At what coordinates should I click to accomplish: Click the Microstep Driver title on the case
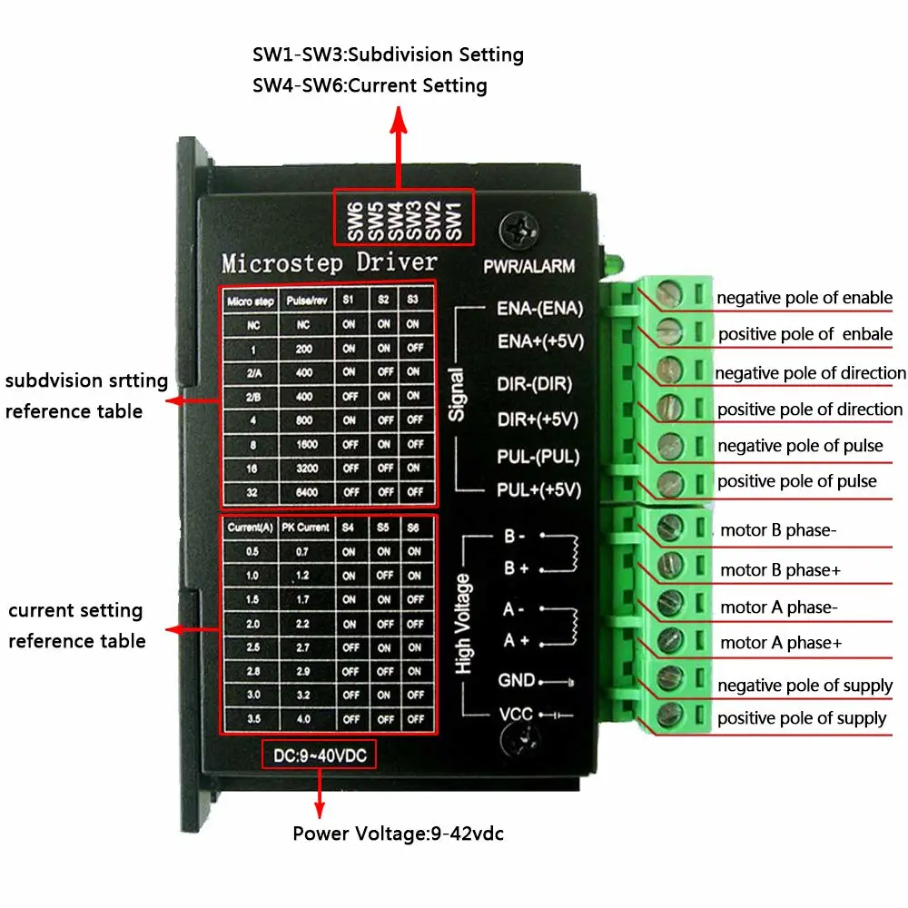(x=329, y=263)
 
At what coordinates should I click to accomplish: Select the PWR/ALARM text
(x=529, y=267)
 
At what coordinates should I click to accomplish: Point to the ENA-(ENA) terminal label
(x=539, y=308)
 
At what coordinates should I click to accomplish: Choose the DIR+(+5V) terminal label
(x=538, y=419)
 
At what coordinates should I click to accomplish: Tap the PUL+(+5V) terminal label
(x=538, y=491)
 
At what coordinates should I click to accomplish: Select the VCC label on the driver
(x=516, y=714)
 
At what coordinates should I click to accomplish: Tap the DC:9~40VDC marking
(x=319, y=755)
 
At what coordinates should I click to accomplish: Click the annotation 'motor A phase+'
(x=781, y=643)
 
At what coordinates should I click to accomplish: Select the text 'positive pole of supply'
(x=802, y=718)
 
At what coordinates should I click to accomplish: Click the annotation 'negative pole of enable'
(x=804, y=298)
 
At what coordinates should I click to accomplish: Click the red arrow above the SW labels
(x=398, y=145)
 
